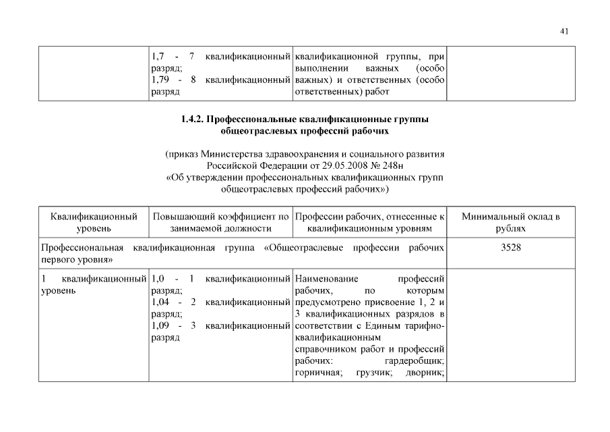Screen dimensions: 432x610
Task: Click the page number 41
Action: (x=564, y=30)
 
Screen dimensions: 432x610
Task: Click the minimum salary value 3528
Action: (x=511, y=248)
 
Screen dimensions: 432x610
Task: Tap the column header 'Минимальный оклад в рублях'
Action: (x=511, y=223)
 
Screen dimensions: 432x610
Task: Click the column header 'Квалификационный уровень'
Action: (x=94, y=223)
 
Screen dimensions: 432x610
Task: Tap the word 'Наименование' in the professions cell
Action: (x=327, y=278)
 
